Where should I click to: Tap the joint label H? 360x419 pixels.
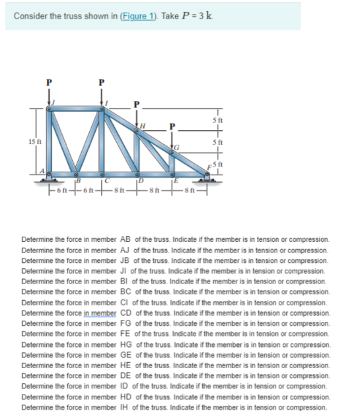pos(141,126)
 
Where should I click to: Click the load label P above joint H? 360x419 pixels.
pos(137,104)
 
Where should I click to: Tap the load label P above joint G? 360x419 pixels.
pos(172,125)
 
